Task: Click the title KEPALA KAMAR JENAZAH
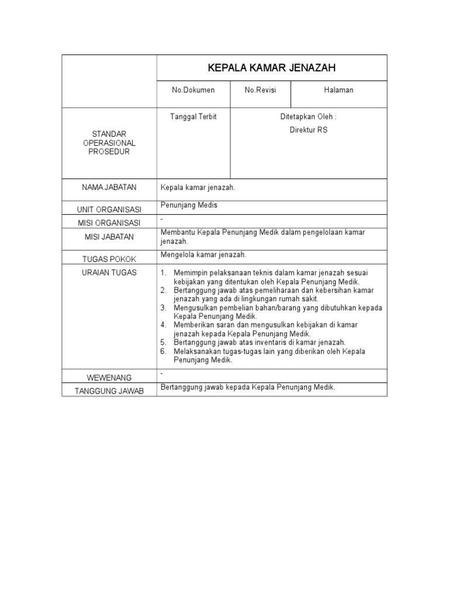pyautogui.click(x=272, y=68)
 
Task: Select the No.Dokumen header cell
pyautogui.click(x=193, y=90)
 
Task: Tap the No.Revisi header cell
pyautogui.click(x=260, y=90)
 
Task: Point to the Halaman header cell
pyautogui.click(x=339, y=90)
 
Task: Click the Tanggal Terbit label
pyautogui.click(x=193, y=117)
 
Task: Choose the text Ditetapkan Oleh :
pyautogui.click(x=308, y=117)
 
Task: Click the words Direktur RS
pyautogui.click(x=309, y=130)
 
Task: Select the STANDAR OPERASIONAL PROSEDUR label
pyautogui.click(x=109, y=143)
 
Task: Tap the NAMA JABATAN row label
pyautogui.click(x=109, y=187)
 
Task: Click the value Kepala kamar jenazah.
pyautogui.click(x=198, y=188)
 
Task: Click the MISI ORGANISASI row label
pyautogui.click(x=109, y=223)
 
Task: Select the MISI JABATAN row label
pyautogui.click(x=109, y=237)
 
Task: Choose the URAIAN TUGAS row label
pyautogui.click(x=109, y=273)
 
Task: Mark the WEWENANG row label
pyautogui.click(x=109, y=378)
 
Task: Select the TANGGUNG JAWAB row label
pyautogui.click(x=109, y=391)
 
